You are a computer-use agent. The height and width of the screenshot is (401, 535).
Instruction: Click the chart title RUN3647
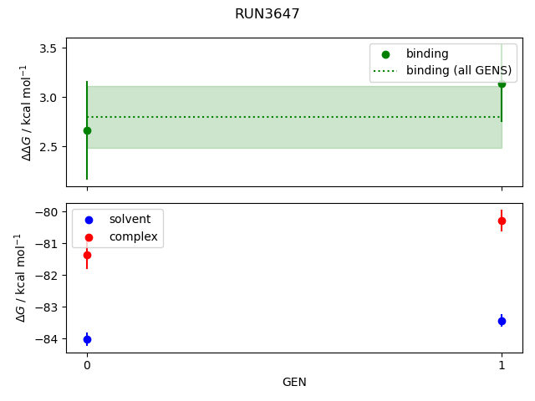pyautogui.click(x=267, y=14)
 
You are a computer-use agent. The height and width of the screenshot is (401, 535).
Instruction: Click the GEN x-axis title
pyautogui.click(x=294, y=383)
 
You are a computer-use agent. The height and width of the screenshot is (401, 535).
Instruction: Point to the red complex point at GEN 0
pyautogui.click(x=87, y=255)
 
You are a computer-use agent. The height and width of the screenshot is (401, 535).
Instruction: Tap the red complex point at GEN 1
pyautogui.click(x=502, y=221)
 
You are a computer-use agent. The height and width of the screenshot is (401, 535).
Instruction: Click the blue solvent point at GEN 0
pyautogui.click(x=87, y=339)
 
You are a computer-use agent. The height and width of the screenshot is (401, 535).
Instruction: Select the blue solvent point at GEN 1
pyautogui.click(x=502, y=321)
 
